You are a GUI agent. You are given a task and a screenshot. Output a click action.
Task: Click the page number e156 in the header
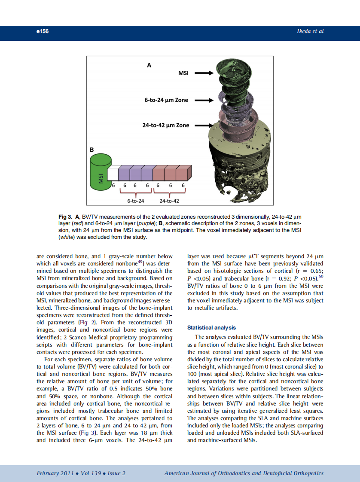tap(42, 31)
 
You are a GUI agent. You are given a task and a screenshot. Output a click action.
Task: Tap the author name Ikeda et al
tap(309, 31)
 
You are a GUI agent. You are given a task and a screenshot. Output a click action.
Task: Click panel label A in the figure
tap(149, 65)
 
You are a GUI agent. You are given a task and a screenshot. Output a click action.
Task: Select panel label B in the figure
tap(91, 150)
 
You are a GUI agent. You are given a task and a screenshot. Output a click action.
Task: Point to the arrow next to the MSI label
tap(204, 73)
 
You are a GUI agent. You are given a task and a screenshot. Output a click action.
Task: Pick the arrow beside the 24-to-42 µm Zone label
tap(204, 125)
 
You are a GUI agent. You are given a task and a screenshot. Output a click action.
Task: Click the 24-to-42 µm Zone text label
tap(165, 125)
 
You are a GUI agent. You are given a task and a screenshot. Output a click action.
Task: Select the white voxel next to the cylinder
tap(113, 174)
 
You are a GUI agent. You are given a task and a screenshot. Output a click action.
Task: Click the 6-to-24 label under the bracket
tap(135, 201)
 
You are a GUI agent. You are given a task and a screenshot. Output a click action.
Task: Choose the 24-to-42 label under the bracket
tap(169, 201)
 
